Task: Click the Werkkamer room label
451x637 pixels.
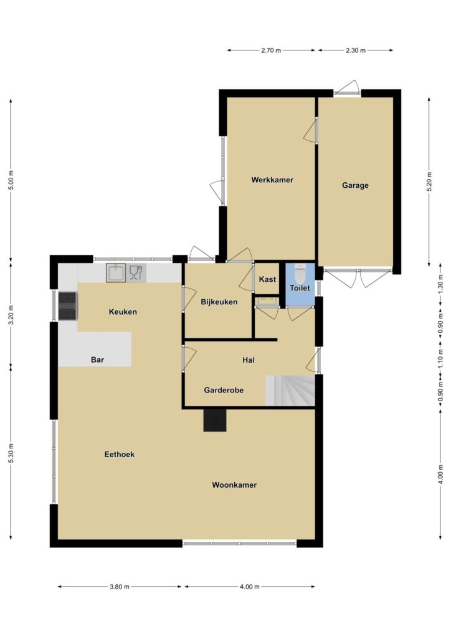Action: point(272,180)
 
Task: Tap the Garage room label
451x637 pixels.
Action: point(355,185)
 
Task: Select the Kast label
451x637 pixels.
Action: point(267,279)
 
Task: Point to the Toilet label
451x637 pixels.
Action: point(300,288)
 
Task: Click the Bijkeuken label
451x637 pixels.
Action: point(219,302)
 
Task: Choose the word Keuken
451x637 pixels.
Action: point(123,312)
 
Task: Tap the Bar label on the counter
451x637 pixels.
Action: point(98,360)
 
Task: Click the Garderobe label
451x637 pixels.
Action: point(224,390)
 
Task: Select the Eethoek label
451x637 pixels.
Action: point(119,454)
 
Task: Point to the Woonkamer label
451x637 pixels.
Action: point(234,485)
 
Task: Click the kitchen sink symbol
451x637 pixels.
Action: point(116,272)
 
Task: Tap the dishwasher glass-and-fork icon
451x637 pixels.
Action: point(136,272)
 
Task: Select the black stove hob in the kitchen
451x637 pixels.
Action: point(67,306)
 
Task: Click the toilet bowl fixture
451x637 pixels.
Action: point(300,274)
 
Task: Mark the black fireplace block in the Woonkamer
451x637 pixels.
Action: point(215,420)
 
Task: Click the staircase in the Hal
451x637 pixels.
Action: point(290,391)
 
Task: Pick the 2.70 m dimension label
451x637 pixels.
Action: point(271,50)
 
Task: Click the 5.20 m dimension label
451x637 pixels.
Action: point(429,182)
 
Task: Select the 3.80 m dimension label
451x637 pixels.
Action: point(119,587)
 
